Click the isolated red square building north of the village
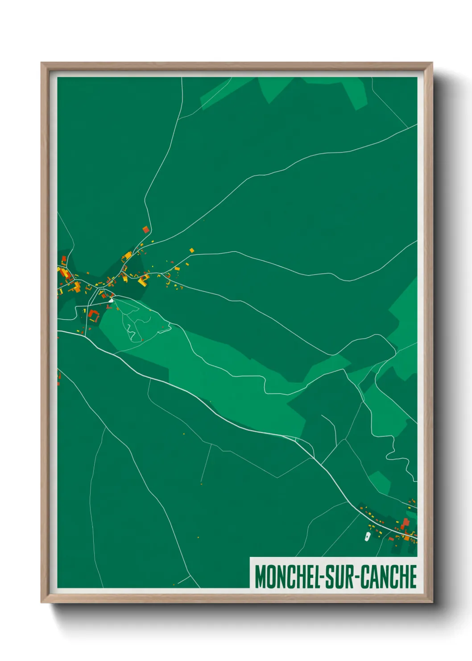pyautogui.click(x=145, y=230)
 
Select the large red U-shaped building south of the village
pyautogui.click(x=94, y=314)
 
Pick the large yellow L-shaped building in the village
pyautogui.click(x=144, y=280)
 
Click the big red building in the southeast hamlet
pyautogui.click(x=406, y=523)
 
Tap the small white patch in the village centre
pyautogui.click(x=110, y=301)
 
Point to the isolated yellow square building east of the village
pyautogui.click(x=192, y=250)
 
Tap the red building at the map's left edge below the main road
pyautogui.click(x=59, y=377)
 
